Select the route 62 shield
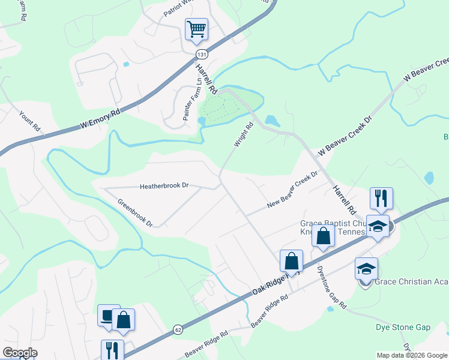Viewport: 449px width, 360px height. [x=178, y=329]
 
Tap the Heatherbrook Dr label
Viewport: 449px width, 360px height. [x=164, y=186]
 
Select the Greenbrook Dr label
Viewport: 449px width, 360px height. [x=135, y=212]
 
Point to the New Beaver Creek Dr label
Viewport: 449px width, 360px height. [x=291, y=189]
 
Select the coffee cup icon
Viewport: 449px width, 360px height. [x=109, y=316]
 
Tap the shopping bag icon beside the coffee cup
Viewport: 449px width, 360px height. [x=123, y=320]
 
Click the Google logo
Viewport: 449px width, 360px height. [x=19, y=353]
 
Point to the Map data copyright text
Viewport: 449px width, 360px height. [x=412, y=355]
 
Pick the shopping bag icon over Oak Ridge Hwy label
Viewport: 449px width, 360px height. [x=291, y=262]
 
